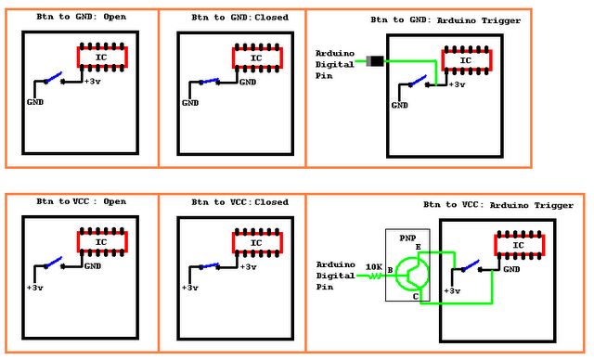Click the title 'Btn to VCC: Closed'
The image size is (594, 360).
click(x=231, y=201)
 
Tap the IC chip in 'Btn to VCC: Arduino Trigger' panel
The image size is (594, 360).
click(x=519, y=244)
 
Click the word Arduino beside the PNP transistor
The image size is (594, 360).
click(x=336, y=264)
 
